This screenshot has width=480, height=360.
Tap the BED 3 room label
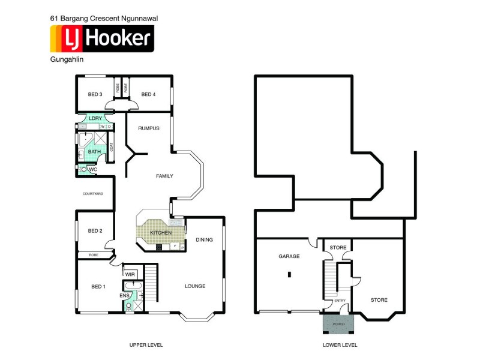(95, 94)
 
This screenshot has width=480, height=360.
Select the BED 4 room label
(148, 94)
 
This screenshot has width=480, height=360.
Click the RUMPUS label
(149, 128)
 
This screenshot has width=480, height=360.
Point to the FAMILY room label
(164, 176)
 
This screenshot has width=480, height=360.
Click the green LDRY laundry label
(95, 118)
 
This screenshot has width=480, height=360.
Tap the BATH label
(94, 152)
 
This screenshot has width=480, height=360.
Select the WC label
(93, 170)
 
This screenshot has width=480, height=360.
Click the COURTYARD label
(94, 194)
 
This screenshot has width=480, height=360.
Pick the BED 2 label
(95, 231)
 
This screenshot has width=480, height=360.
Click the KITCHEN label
(161, 232)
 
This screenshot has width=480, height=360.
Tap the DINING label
(204, 240)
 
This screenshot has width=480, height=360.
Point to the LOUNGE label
(195, 286)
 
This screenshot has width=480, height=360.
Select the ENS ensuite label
(124, 296)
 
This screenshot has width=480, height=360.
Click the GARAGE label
(289, 256)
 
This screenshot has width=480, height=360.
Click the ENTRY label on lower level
(340, 301)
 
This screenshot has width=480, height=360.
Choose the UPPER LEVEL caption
(146, 345)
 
